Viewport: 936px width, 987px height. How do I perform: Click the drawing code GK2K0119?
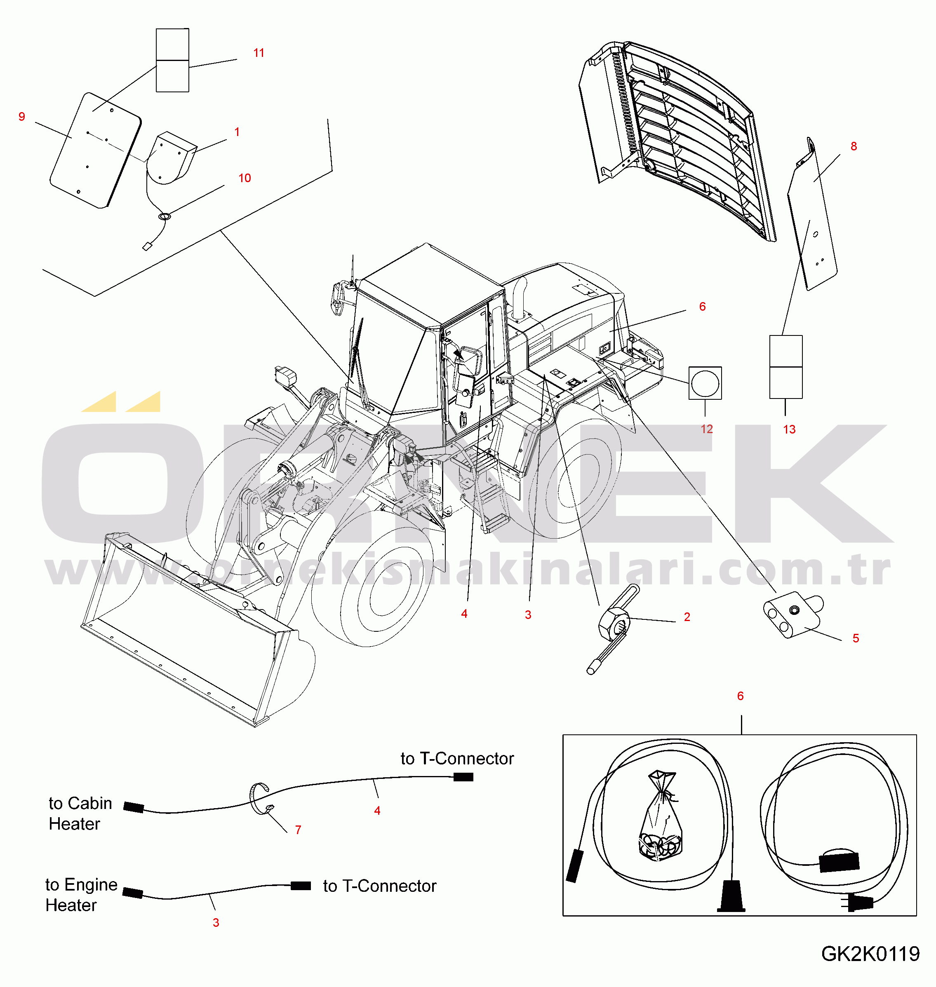pyautogui.click(x=870, y=954)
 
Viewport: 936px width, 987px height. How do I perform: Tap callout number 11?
pyautogui.click(x=259, y=53)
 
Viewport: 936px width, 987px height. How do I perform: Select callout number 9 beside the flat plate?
pyautogui.click(x=21, y=117)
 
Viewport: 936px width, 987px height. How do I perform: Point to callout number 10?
pyautogui.click(x=245, y=178)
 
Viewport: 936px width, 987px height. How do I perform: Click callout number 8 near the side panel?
pyautogui.click(x=854, y=146)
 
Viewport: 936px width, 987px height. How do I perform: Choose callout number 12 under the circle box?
pyautogui.click(x=706, y=429)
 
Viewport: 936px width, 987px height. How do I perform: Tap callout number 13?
pyautogui.click(x=789, y=429)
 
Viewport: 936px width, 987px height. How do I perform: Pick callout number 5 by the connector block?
pyautogui.click(x=856, y=638)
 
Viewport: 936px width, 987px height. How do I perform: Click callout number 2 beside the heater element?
pyautogui.click(x=687, y=617)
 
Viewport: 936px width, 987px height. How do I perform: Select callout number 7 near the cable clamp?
pyautogui.click(x=298, y=830)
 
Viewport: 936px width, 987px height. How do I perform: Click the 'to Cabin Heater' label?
pyautogui.click(x=80, y=814)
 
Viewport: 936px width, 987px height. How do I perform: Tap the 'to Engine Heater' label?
pyautogui.click(x=81, y=895)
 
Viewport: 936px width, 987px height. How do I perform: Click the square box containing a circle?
pyautogui.click(x=705, y=383)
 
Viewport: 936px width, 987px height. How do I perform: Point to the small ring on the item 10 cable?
pyautogui.click(x=164, y=217)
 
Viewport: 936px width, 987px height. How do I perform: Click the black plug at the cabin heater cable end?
pyautogui.click(x=134, y=807)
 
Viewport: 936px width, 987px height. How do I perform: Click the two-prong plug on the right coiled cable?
pyautogui.click(x=859, y=903)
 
